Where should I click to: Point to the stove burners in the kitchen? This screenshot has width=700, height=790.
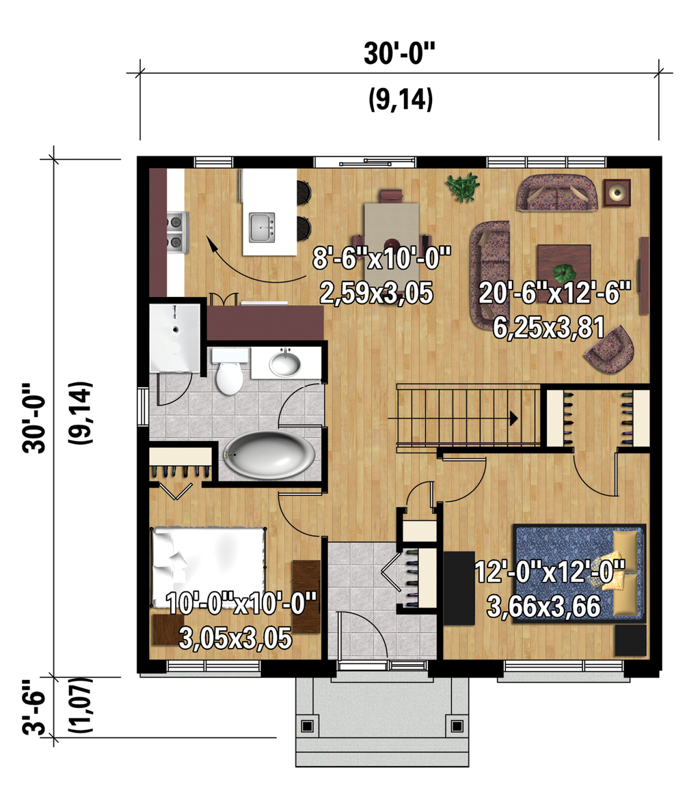coord(176,231)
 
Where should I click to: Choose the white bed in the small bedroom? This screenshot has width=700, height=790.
coord(207,563)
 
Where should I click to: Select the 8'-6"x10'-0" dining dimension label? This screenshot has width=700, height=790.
coord(382,260)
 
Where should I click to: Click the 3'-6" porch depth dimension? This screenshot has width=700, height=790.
coord(34,707)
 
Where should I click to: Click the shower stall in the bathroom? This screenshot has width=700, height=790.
coord(175,338)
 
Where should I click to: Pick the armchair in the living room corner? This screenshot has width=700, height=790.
coord(612,348)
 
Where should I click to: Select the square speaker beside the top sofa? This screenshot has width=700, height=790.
coord(617,193)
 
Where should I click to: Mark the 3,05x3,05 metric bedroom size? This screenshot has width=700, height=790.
coord(236,638)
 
